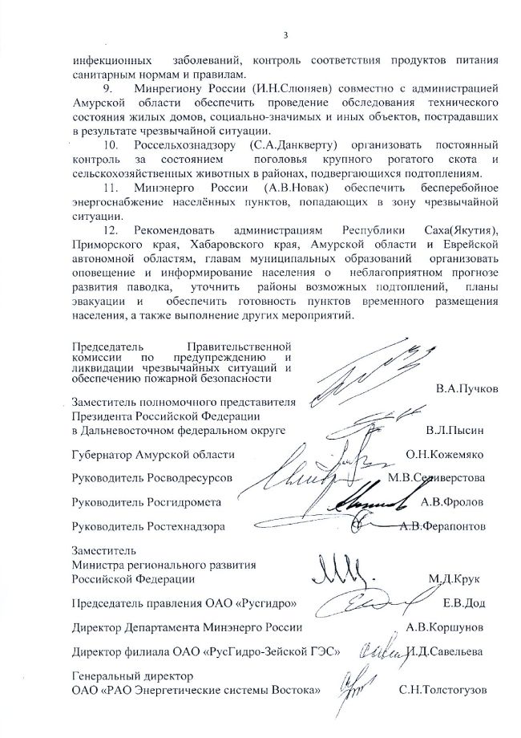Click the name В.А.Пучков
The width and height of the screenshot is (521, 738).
(467, 387)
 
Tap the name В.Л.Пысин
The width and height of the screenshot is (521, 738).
(466, 431)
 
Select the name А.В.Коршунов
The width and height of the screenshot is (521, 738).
(456, 626)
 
